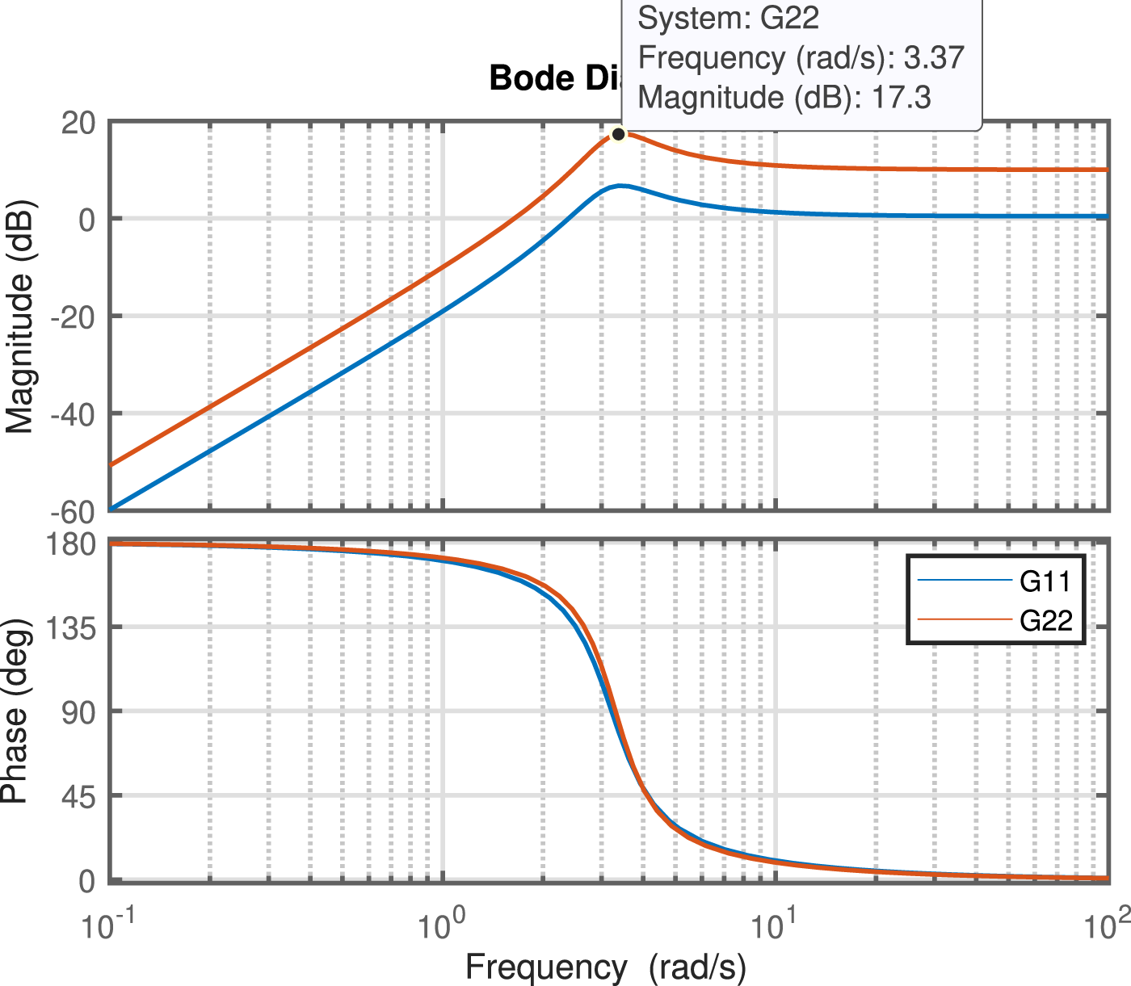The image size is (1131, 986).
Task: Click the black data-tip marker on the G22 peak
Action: [618, 134]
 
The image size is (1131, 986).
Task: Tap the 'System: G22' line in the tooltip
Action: [729, 18]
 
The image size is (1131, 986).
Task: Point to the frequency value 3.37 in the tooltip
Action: [934, 57]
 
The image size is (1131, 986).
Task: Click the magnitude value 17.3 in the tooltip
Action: [902, 97]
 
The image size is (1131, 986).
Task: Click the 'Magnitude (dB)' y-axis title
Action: [19, 316]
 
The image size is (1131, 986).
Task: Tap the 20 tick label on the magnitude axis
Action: [78, 123]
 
